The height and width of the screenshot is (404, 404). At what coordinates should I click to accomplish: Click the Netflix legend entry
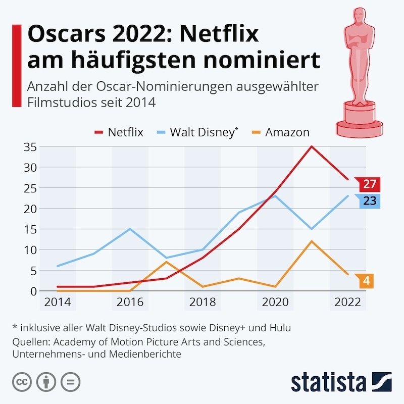[119, 132]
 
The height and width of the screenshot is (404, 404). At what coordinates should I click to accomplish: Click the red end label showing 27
[369, 184]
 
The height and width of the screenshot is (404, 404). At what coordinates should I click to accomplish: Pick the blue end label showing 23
[369, 201]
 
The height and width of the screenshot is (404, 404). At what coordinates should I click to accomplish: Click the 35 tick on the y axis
[30, 146]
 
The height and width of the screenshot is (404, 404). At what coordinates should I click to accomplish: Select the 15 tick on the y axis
[30, 229]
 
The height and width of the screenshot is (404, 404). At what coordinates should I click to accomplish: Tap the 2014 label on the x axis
[58, 302]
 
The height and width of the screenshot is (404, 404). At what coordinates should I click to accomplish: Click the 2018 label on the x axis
[203, 302]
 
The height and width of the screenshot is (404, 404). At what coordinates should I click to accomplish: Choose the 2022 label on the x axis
[347, 302]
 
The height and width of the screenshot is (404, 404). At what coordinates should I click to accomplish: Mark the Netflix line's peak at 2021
[311, 146]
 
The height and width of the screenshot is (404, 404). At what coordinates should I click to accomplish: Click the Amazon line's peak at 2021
[311, 241]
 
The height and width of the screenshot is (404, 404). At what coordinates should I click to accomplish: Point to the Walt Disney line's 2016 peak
[130, 229]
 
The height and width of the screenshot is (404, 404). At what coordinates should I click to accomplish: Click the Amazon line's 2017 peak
[166, 262]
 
